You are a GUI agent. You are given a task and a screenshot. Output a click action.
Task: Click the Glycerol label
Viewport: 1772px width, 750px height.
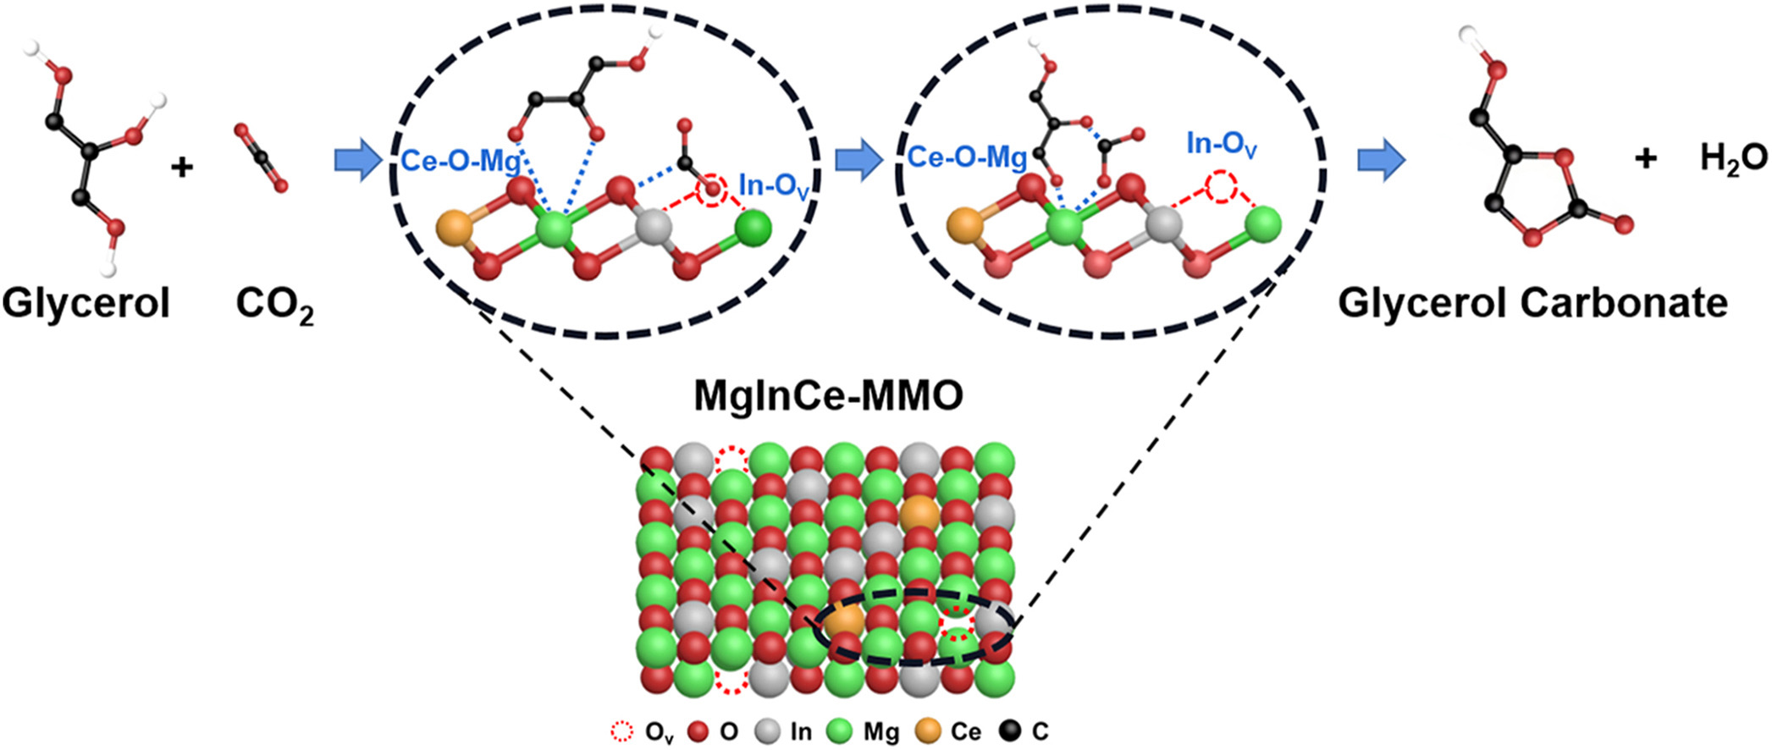point(86,303)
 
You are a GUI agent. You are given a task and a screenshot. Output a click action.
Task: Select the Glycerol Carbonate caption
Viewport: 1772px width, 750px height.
point(1532,303)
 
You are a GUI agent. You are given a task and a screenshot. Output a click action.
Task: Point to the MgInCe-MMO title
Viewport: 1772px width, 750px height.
point(828,395)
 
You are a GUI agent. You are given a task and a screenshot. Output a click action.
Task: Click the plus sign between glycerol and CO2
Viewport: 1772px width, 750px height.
point(181,167)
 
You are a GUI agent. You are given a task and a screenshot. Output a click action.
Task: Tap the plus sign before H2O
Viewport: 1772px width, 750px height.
point(1645,158)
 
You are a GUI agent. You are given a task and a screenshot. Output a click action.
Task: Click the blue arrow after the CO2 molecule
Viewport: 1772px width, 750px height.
point(357,160)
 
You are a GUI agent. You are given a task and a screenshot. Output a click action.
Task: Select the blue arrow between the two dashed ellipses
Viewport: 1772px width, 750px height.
point(858,160)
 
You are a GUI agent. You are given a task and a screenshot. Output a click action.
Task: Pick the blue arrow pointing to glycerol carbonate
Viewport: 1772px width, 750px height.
point(1382,160)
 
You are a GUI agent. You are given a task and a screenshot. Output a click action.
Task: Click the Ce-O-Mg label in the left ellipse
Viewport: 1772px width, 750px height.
point(460,160)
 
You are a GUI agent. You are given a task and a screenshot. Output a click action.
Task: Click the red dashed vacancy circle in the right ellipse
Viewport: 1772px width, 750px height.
point(1221,186)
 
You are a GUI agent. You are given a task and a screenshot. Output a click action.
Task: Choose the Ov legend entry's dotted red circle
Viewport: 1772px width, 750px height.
point(622,731)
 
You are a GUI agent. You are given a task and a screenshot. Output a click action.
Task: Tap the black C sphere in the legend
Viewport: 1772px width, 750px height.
point(1010,731)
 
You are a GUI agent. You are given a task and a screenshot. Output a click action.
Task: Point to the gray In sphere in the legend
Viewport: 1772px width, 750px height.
point(768,731)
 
